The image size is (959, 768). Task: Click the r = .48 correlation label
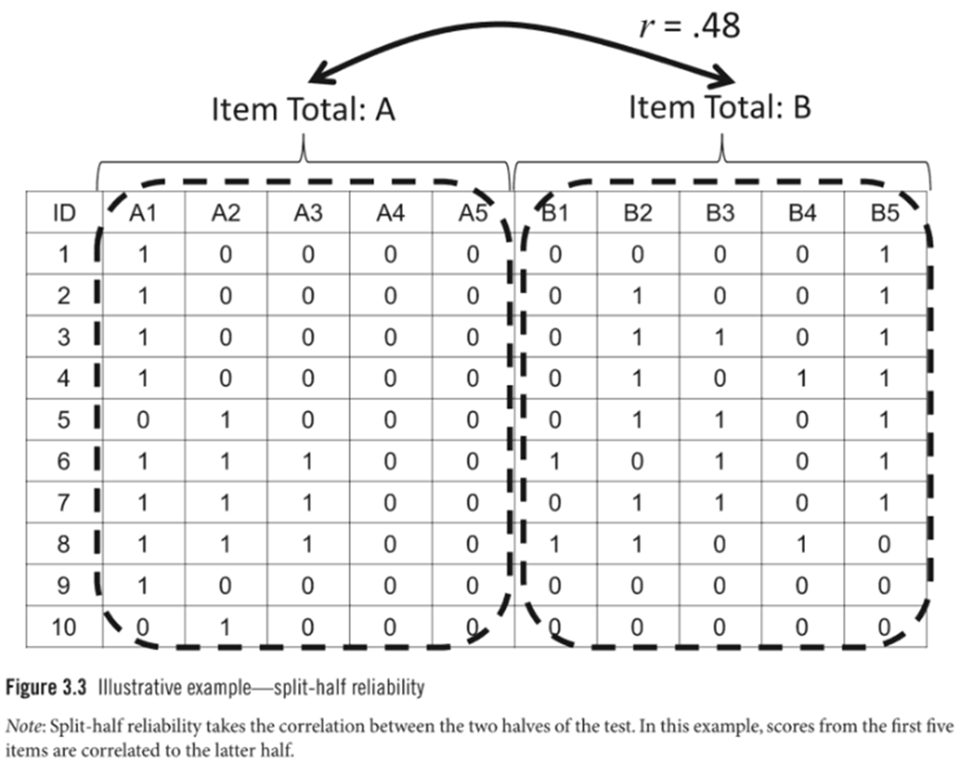(x=689, y=27)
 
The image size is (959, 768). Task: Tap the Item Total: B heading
(x=720, y=107)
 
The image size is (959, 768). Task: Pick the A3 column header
(x=308, y=213)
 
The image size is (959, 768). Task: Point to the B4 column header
(x=802, y=213)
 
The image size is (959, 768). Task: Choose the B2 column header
(x=637, y=213)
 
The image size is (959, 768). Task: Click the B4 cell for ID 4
(x=802, y=379)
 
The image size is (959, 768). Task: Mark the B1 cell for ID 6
(x=554, y=462)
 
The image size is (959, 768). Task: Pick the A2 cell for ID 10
(x=225, y=627)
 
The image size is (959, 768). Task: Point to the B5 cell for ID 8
(x=884, y=545)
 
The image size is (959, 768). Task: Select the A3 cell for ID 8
(x=308, y=545)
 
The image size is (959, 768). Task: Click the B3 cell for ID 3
(x=720, y=338)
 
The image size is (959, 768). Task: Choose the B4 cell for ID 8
(x=802, y=545)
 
